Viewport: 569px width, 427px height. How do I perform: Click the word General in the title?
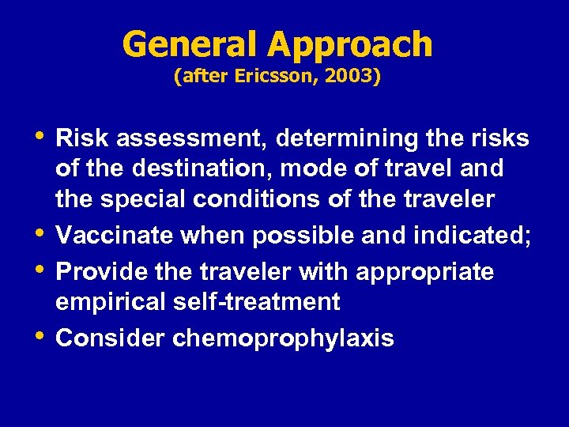[190, 44]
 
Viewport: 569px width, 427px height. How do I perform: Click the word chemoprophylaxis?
[283, 339]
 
